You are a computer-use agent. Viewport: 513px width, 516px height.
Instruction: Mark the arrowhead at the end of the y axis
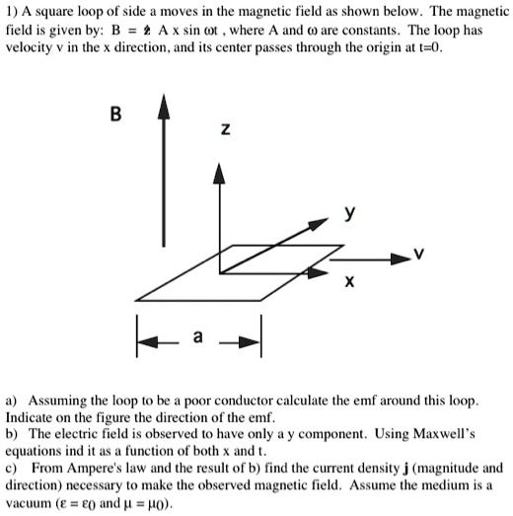[x=330, y=223]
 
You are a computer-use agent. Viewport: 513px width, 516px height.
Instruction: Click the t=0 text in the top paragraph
[x=415, y=45]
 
